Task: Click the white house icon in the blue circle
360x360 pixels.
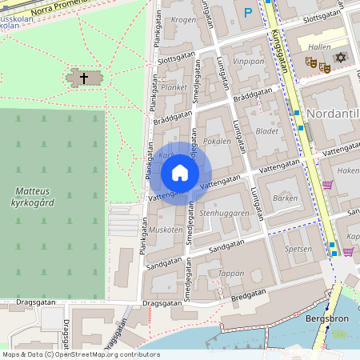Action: pyautogui.click(x=180, y=173)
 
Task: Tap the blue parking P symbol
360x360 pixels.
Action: pyautogui.click(x=248, y=12)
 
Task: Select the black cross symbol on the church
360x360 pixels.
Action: pyautogui.click(x=83, y=78)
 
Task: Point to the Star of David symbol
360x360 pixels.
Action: pyautogui.click(x=341, y=58)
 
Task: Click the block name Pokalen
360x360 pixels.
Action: pyautogui.click(x=217, y=141)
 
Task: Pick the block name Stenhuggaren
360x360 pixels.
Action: pyautogui.click(x=225, y=214)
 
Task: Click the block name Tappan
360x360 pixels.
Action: pyautogui.click(x=230, y=273)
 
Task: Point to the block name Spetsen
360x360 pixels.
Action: pyautogui.click(x=298, y=249)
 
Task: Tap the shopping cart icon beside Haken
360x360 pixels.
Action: pyautogui.click(x=327, y=185)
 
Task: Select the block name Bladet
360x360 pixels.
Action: pyautogui.click(x=266, y=130)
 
